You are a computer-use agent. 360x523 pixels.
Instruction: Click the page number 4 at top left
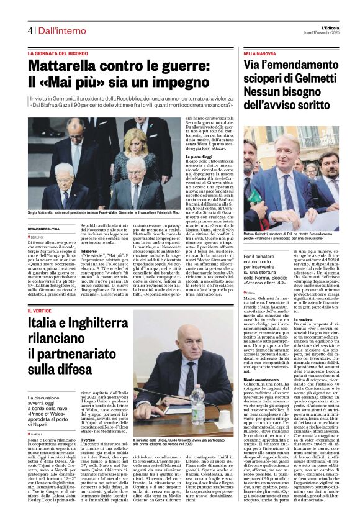(x=29, y=30)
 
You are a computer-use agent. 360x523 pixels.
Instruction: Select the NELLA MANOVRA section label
(x=259, y=54)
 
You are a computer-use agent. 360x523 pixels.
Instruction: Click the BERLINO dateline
(x=39, y=237)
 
